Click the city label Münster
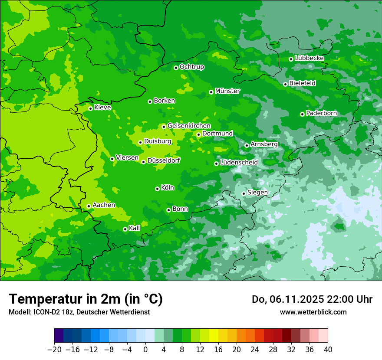click(227, 91)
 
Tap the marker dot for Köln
click(157, 189)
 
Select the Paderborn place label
click(322, 113)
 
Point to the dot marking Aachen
click(89, 206)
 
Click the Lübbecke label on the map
click(310, 58)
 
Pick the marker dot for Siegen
click(244, 193)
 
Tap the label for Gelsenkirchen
click(189, 126)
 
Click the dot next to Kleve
click(90, 108)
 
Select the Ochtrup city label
click(192, 67)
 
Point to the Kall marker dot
click(125, 229)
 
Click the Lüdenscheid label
click(239, 163)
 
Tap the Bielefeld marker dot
click(285, 84)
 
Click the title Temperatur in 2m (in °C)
click(86, 299)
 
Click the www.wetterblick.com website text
click(313, 312)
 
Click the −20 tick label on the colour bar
click(54, 350)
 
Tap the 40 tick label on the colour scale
click(328, 350)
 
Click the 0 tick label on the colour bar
click(145, 350)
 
